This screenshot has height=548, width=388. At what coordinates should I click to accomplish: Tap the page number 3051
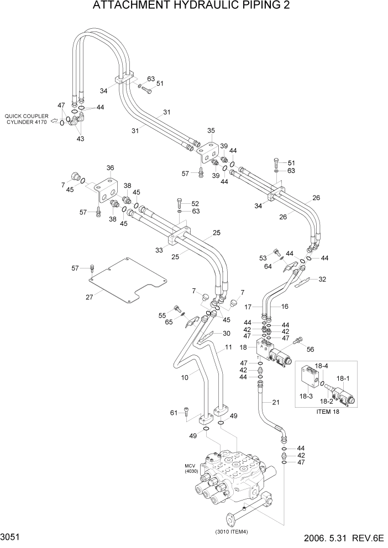[12, 536]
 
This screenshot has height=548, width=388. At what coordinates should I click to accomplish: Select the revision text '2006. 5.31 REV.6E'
[339, 537]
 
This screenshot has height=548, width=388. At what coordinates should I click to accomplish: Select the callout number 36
[110, 168]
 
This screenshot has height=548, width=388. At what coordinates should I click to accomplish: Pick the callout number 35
[211, 131]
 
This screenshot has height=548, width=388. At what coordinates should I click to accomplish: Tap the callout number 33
[159, 250]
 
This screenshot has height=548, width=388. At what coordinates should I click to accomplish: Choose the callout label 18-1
[344, 378]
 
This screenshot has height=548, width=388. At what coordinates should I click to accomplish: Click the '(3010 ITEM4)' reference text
[231, 531]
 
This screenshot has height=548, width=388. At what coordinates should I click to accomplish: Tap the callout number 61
[174, 413]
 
